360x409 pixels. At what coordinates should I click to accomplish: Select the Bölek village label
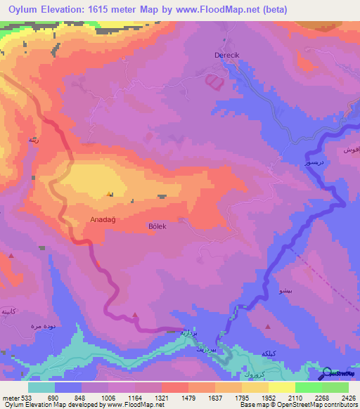pos(158,226)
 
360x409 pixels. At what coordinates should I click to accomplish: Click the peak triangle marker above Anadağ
pos(108,195)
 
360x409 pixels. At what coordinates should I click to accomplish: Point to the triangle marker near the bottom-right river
pos(268,326)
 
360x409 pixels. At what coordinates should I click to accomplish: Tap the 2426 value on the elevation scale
pos(348,398)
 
